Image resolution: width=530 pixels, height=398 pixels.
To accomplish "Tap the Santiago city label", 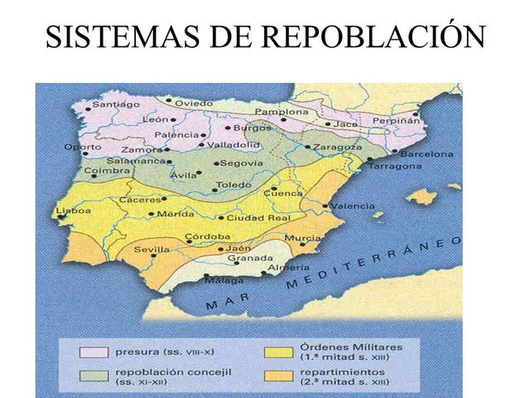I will [115, 104].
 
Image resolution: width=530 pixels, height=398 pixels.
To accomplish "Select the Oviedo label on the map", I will [195, 102].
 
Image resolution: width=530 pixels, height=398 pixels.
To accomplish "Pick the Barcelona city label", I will [426, 154].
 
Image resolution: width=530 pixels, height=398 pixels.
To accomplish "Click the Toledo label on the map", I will [233, 184].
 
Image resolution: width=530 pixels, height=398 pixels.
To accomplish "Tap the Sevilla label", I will [152, 249].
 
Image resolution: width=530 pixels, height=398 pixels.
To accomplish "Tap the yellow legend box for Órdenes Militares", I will [279, 352].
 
